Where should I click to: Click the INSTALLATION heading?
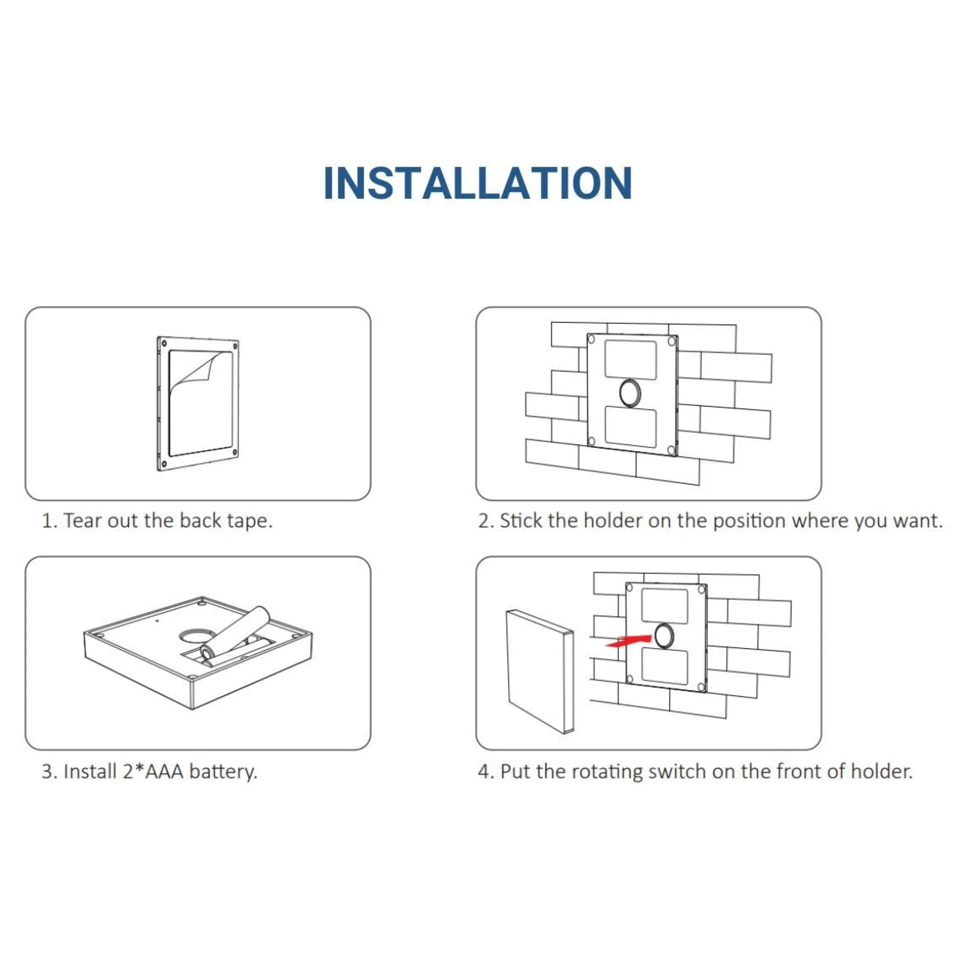pyautogui.click(x=478, y=182)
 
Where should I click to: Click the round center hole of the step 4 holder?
pyautogui.click(x=663, y=636)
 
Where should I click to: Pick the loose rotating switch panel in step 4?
pyautogui.click(x=540, y=672)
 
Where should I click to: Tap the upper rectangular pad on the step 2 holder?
pyautogui.click(x=630, y=360)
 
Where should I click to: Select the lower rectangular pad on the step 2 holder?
pyautogui.click(x=630, y=426)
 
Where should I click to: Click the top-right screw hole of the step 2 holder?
pyautogui.click(x=672, y=341)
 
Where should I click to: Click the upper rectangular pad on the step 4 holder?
pyautogui.click(x=664, y=606)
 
